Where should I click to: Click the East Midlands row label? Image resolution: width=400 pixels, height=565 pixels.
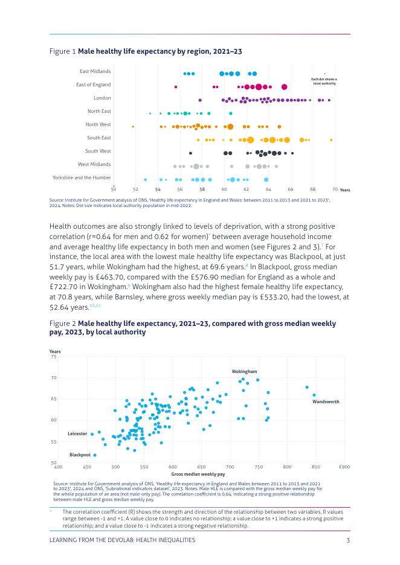95,71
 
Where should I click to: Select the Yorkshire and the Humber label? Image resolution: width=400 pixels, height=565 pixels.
82,177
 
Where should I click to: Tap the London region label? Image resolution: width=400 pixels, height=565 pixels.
102,98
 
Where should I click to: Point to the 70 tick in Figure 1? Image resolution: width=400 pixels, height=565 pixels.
335,190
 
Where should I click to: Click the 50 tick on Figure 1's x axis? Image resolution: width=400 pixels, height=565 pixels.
114,190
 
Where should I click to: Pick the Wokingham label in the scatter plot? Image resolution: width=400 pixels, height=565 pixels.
244,371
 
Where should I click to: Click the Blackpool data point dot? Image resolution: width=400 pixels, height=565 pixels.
95,455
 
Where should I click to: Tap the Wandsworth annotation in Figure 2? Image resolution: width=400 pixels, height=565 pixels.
326,401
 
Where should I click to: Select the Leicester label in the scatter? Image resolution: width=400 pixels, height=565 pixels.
77,433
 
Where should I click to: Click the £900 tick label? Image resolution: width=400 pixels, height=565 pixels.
344,467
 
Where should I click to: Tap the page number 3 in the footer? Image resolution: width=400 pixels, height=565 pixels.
348,540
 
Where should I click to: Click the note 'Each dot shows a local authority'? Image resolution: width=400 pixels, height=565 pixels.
324,81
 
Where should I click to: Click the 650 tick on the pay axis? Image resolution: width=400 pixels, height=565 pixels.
201,467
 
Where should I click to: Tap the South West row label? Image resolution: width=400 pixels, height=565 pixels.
98,151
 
